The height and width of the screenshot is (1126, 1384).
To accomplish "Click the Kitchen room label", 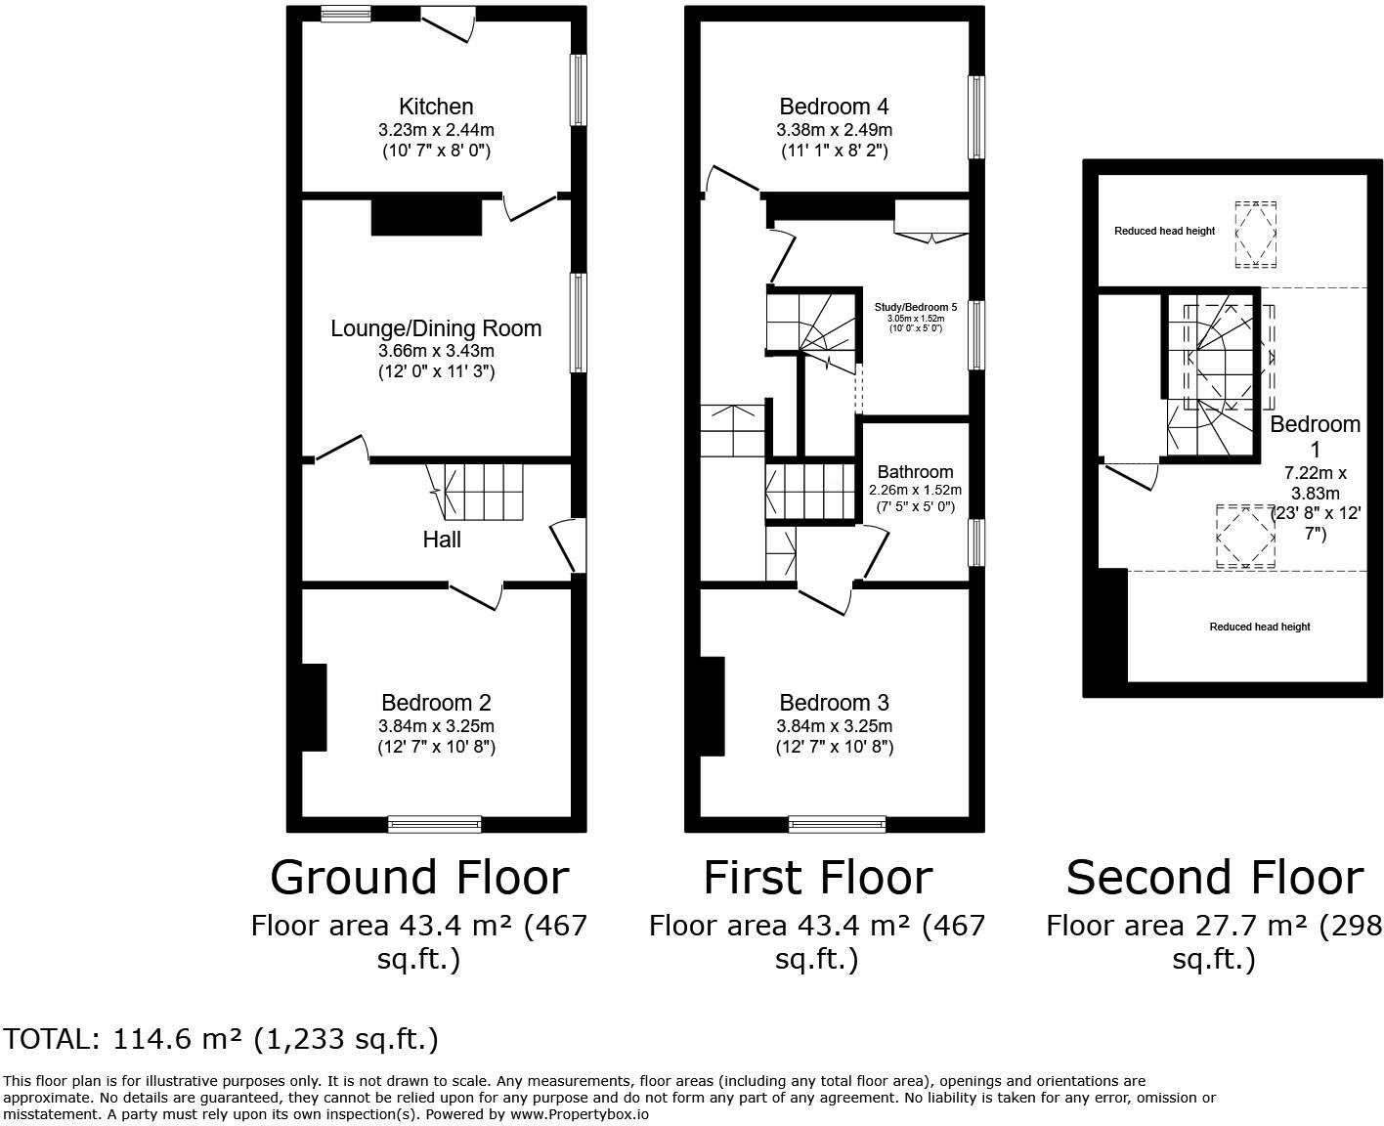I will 436,107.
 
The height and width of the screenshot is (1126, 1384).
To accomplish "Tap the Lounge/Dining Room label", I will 436,328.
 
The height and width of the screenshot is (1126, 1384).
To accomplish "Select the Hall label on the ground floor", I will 442,540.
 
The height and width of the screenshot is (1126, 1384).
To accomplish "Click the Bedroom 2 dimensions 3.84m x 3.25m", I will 436,726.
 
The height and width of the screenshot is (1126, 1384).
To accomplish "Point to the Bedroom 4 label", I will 834,107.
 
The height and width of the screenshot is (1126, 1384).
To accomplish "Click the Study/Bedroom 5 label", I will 915,307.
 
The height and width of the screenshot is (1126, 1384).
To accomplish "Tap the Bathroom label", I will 915,472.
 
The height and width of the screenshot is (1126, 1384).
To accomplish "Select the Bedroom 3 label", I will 834,703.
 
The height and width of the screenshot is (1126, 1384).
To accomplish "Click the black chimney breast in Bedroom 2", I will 313,707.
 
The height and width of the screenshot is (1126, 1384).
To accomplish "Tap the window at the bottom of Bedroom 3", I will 837,824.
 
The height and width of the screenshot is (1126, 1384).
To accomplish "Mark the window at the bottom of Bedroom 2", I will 435,824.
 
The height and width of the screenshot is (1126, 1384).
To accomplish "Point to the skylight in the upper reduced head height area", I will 1255,235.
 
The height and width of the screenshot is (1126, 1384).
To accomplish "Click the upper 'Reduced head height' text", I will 1164,232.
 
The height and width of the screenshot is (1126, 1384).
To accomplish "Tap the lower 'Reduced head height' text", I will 1259,627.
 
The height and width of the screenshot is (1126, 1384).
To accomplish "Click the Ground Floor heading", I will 418,878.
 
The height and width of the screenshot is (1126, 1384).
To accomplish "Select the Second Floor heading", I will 1214,878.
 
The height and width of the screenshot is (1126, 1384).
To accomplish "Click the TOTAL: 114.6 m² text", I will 221,1039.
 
